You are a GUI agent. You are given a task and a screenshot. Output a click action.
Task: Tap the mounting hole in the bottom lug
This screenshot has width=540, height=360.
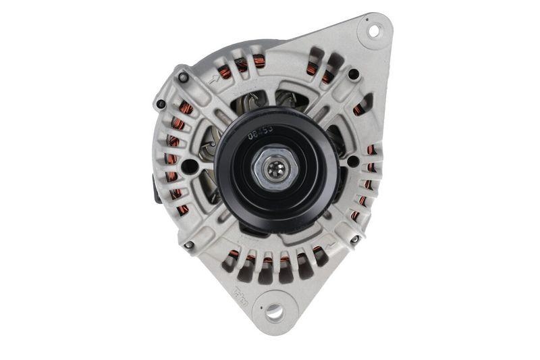pyautogui.click(x=273, y=311)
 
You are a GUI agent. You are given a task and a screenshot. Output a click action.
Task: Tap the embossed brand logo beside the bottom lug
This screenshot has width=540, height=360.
pyautogui.click(x=259, y=297)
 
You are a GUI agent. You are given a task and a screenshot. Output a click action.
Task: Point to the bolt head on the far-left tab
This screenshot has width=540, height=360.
pyautogui.click(x=161, y=105)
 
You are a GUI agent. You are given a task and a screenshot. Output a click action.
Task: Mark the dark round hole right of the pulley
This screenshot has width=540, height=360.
pyautogui.click(x=352, y=162)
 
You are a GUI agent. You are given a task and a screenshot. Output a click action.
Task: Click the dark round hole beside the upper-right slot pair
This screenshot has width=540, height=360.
pyautogui.click(x=353, y=74)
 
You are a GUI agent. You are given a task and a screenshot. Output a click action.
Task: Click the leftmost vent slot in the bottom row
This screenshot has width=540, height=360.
pyautogui.click(x=232, y=259)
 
